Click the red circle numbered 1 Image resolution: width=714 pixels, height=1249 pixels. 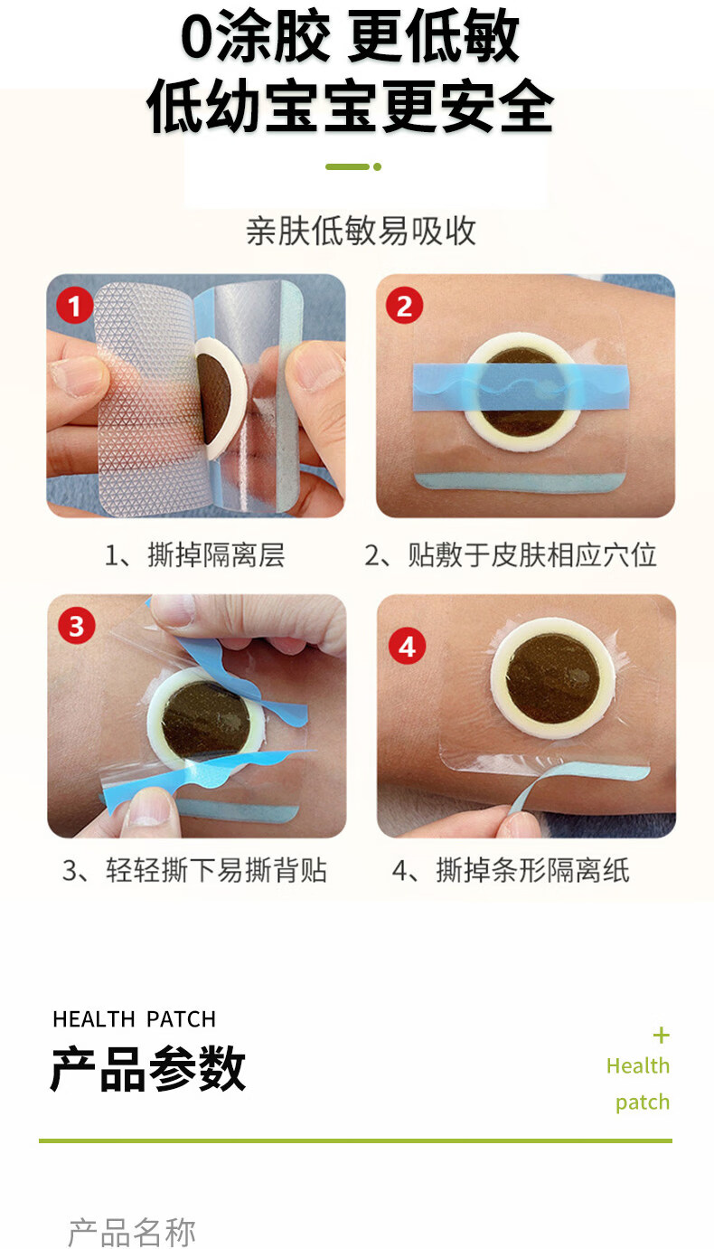[x=75, y=305]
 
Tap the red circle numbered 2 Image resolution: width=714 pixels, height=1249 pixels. [x=404, y=305]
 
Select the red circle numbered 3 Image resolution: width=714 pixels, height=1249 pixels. [x=76, y=626]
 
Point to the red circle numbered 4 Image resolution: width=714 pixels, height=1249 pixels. [x=407, y=647]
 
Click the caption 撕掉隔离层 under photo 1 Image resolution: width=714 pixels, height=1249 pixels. [x=216, y=554]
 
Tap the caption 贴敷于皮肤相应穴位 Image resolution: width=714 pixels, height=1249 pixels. [x=532, y=554]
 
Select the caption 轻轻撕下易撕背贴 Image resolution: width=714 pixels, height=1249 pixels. [x=216, y=870]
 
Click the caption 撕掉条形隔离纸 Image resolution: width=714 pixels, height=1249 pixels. [x=532, y=870]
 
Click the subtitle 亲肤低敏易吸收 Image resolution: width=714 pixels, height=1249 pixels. [x=362, y=231]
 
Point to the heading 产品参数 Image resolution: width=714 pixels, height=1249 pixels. [x=148, y=1068]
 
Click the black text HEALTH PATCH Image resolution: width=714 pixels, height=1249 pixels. [x=135, y=1019]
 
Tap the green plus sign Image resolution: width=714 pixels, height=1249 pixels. [x=661, y=1036]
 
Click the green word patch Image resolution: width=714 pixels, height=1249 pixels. [x=643, y=1102]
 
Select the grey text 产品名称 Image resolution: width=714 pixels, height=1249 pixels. [x=132, y=1233]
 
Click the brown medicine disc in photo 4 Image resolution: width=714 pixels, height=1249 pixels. [x=553, y=679]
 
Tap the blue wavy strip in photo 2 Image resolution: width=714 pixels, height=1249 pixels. [x=521, y=386]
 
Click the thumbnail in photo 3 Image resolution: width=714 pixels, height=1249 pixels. [x=148, y=807]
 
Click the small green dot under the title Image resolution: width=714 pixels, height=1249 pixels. [x=378, y=166]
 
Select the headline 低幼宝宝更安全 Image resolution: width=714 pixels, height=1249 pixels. [x=351, y=106]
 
